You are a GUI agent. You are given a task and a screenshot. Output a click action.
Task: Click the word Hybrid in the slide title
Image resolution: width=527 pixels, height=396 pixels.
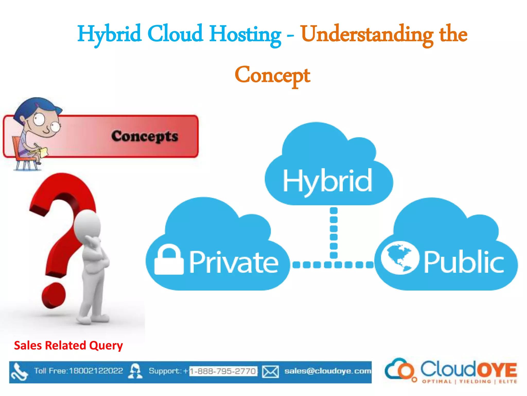pyautogui.click(x=109, y=34)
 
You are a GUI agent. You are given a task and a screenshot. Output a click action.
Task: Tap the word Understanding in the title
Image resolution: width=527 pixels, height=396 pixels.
pyautogui.click(x=367, y=35)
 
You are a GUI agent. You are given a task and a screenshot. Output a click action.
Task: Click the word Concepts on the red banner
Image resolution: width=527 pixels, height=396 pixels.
pyautogui.click(x=145, y=136)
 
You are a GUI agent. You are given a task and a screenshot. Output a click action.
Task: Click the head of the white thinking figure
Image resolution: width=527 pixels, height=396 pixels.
pyautogui.click(x=87, y=224)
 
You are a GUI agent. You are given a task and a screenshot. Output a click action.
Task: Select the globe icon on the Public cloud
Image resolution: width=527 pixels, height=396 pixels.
pyautogui.click(x=400, y=258)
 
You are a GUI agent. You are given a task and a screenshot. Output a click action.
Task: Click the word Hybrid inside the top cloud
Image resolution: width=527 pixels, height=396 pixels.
pyautogui.click(x=327, y=181)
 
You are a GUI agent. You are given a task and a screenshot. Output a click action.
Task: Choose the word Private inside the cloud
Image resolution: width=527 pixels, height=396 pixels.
pyautogui.click(x=234, y=262)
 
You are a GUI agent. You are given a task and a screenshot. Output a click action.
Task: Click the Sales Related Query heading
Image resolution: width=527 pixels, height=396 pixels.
pyautogui.click(x=68, y=345)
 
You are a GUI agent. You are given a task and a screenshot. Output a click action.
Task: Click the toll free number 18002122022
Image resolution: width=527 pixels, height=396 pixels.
pyautogui.click(x=96, y=371)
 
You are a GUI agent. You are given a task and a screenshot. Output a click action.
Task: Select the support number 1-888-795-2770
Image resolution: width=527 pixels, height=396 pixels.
pyautogui.click(x=223, y=371)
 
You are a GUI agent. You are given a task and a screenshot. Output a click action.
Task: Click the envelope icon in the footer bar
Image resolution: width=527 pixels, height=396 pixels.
pyautogui.click(x=270, y=372)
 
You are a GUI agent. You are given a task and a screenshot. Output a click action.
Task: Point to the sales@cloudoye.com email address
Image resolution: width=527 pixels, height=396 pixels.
pyautogui.click(x=328, y=371)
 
